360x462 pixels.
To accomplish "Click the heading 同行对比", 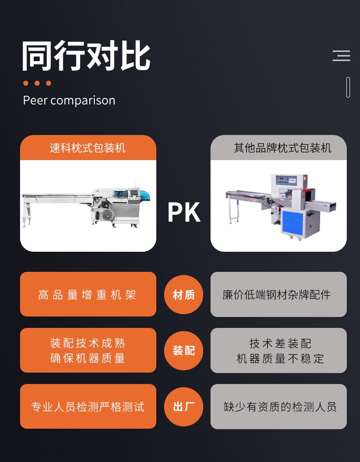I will pos(86,57).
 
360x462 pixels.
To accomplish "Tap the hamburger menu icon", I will pos(341,56).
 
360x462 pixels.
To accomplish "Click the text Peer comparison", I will pos(69,100).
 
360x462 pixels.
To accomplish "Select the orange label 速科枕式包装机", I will pos(88,148).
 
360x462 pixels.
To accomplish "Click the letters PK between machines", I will pos(184,213).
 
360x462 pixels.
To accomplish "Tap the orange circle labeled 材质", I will pos(184,295).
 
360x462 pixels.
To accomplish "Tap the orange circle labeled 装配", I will pos(184,350).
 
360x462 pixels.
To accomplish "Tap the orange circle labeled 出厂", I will pos(184,406).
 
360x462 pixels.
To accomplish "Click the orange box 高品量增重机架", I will pos(88,295).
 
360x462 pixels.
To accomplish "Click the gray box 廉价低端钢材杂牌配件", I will pos(278,295).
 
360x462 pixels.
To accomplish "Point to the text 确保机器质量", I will pos(88,358).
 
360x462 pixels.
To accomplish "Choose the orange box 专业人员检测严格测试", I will pos(88,406).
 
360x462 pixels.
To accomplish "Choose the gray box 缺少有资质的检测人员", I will pos(278,406).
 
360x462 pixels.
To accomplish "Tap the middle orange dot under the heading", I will pos(37,83).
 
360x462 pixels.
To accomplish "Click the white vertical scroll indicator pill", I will pos(348,87).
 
